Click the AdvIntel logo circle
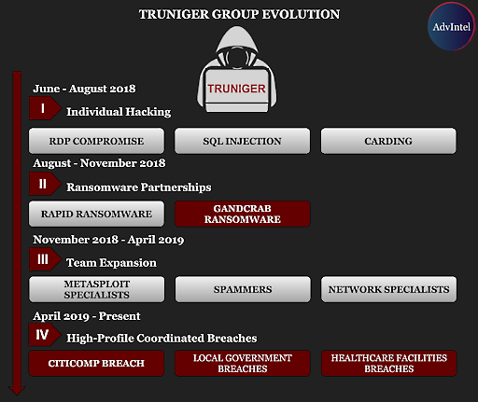(x=451, y=26)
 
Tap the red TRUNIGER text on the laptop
(x=236, y=89)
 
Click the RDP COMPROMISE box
(x=96, y=141)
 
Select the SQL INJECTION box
(x=242, y=141)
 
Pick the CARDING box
(x=388, y=141)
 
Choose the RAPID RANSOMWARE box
(x=96, y=214)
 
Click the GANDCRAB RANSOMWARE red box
(x=242, y=214)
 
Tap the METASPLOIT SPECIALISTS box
(x=96, y=289)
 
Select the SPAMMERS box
(x=243, y=289)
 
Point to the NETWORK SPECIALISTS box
(x=388, y=289)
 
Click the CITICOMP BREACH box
(x=96, y=363)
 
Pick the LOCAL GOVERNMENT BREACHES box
(x=242, y=363)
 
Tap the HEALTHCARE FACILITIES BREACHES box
(x=388, y=363)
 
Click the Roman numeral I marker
(x=45, y=108)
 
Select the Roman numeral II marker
(x=45, y=184)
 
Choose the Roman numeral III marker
(x=45, y=259)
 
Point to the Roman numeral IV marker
(x=45, y=335)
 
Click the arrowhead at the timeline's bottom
(x=17, y=391)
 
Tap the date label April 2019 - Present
(x=87, y=316)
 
